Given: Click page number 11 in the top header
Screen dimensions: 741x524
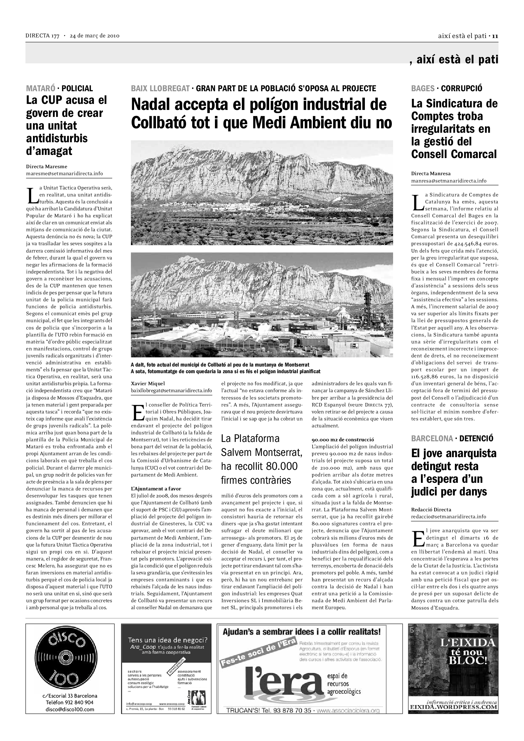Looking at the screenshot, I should point(495,36).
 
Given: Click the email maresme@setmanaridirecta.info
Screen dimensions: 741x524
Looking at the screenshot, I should point(65,174).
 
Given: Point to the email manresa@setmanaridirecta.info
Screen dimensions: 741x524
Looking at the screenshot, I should point(449,181).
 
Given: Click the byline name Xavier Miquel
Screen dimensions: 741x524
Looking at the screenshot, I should point(148,383).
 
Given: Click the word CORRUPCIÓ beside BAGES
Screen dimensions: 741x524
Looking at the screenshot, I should point(462,88).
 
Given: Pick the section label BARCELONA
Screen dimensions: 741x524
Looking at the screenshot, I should point(432,438).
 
